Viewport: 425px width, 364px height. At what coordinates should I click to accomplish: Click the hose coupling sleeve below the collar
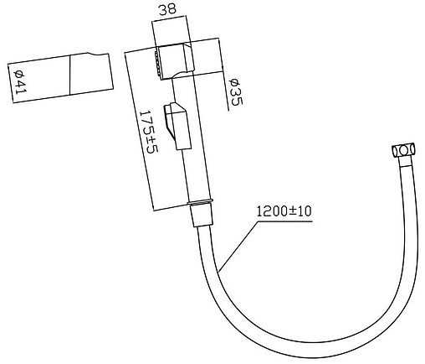pos(201,216)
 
